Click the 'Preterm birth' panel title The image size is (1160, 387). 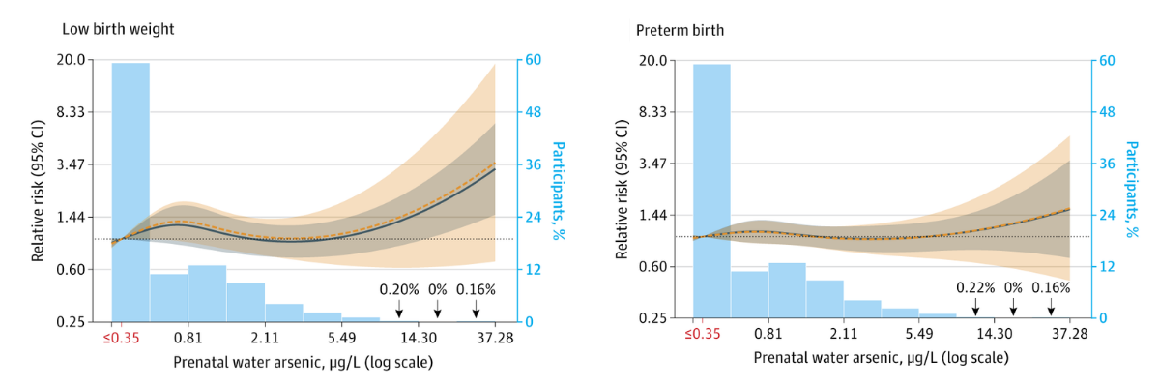point(680,30)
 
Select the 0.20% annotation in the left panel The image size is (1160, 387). point(399,289)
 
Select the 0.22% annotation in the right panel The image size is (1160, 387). point(975,287)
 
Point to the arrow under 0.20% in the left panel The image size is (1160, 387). point(399,309)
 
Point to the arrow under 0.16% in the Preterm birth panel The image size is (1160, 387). point(1051,306)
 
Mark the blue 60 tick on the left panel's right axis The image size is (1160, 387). point(531,60)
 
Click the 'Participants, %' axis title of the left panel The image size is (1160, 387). point(558,190)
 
